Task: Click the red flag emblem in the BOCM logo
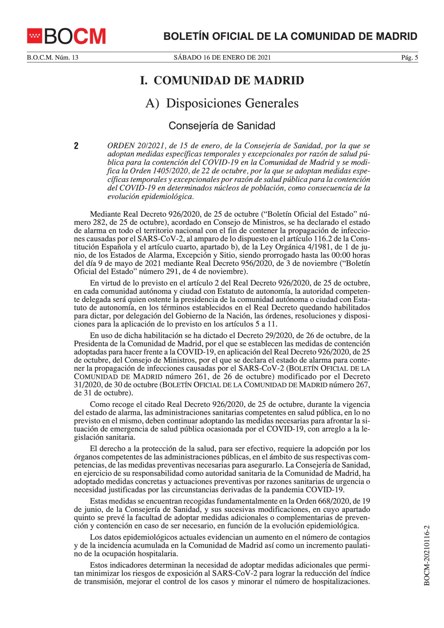34,36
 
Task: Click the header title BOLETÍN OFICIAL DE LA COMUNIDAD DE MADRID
290,36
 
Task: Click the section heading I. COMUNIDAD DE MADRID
222,81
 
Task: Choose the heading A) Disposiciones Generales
222,104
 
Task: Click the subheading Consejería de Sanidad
222,126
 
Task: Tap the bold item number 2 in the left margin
76,146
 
